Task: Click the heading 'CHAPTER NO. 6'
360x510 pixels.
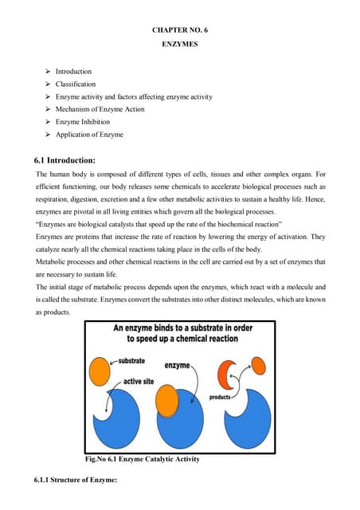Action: pyautogui.click(x=180, y=29)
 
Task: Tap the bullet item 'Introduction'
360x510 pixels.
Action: pyautogui.click(x=73, y=71)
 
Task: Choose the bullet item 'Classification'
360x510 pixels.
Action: pyautogui.click(x=75, y=84)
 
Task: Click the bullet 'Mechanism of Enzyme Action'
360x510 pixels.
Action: pyautogui.click(x=100, y=109)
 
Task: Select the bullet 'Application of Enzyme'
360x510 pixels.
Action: pyautogui.click(x=89, y=135)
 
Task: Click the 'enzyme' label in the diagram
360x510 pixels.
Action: pyautogui.click(x=177, y=365)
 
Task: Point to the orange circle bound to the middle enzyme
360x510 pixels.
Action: pyautogui.click(x=168, y=397)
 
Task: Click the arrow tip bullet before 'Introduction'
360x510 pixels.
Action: pyautogui.click(x=48, y=71)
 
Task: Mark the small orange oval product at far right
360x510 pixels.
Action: pyautogui.click(x=260, y=365)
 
